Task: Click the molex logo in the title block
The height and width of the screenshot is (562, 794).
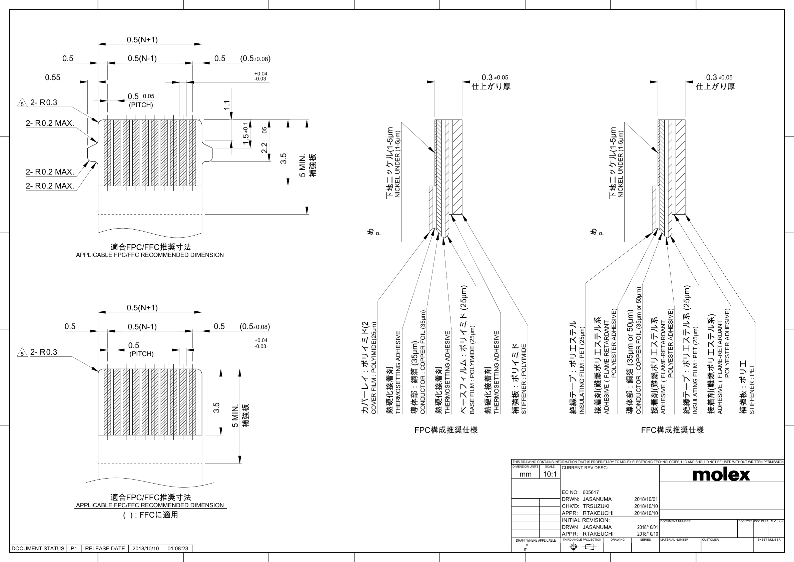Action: (x=721, y=475)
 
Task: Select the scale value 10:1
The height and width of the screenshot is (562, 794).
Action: (x=550, y=474)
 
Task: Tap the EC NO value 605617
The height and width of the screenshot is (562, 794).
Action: (x=591, y=492)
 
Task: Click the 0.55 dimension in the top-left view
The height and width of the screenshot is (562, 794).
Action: (x=53, y=77)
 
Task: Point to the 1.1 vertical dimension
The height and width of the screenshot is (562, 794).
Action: (x=227, y=105)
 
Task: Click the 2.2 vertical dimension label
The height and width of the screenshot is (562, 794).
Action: (x=264, y=148)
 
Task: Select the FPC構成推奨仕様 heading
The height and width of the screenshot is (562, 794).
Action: (x=446, y=430)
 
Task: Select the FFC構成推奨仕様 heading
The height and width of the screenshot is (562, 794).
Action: (x=672, y=430)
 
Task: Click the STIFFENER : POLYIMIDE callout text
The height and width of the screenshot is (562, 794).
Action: (x=524, y=379)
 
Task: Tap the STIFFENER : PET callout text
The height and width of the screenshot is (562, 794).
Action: (x=752, y=389)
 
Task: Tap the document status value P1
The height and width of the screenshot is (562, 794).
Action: (x=74, y=549)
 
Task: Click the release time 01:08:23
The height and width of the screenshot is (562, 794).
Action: (x=178, y=549)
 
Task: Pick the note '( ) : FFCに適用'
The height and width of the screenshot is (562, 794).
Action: (x=150, y=515)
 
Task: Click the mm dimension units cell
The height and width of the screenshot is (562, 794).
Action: (x=525, y=474)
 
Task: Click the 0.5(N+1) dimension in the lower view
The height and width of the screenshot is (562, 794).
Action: (x=142, y=308)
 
